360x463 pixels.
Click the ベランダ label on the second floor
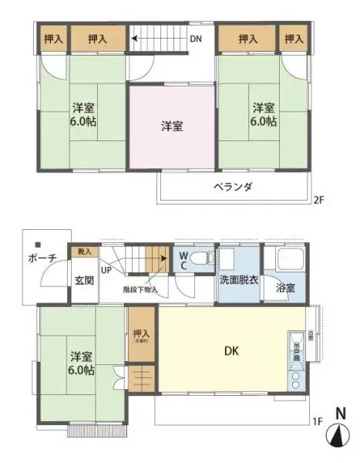(x=232, y=188)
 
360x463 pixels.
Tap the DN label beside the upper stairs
(x=196, y=38)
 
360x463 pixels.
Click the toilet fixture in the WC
(x=204, y=259)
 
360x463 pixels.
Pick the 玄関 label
(x=85, y=280)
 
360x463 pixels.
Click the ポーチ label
(x=42, y=259)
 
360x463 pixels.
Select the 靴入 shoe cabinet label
(x=84, y=252)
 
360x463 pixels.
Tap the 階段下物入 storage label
(x=140, y=290)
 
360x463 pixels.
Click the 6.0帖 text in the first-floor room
(x=80, y=370)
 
